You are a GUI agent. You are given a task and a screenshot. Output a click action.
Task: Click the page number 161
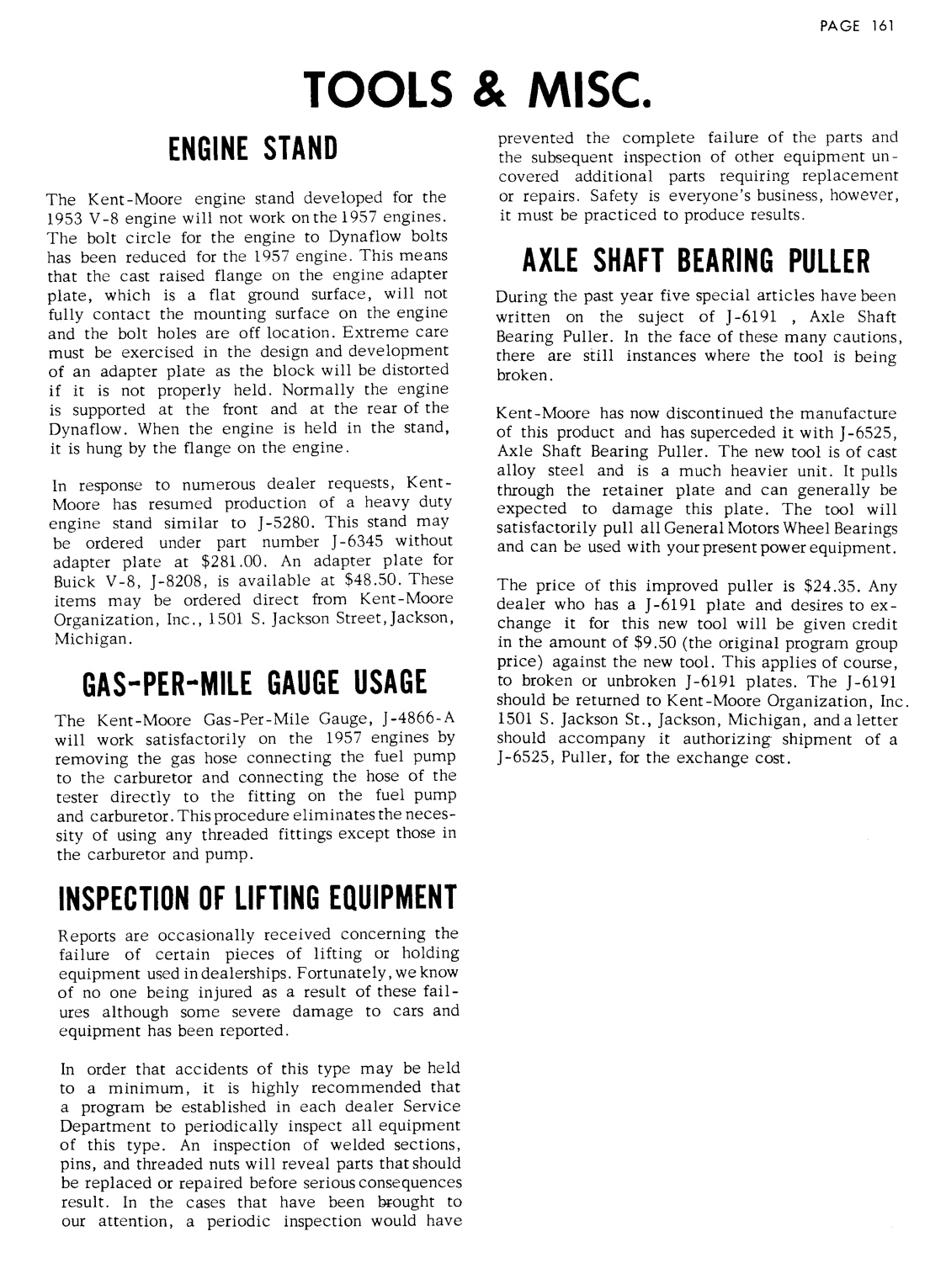click(881, 25)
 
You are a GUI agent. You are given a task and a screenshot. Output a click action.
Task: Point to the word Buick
click(72, 580)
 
